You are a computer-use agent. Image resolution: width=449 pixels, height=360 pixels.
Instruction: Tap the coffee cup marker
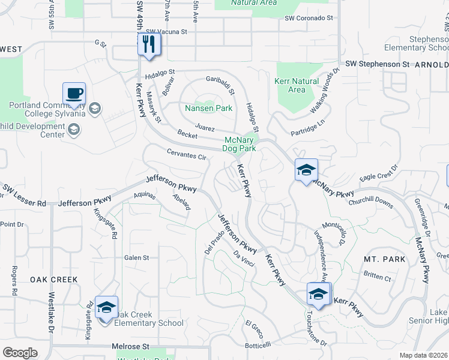coord(74,94)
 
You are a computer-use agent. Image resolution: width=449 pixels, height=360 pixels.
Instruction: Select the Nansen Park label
coord(208,109)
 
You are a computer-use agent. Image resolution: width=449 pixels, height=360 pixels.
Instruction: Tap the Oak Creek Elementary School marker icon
coord(106,308)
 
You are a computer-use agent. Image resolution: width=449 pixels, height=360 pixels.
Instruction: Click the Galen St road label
coord(136,257)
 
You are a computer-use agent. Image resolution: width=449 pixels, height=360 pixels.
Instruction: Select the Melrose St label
coord(130,347)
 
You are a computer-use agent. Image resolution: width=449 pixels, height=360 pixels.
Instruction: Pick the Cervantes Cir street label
coord(187,155)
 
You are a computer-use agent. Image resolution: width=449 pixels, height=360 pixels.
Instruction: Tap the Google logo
coord(20,353)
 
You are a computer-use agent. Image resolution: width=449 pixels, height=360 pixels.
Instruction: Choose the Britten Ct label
coord(377,278)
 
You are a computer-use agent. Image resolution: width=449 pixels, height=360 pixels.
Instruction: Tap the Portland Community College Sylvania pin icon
coord(94,109)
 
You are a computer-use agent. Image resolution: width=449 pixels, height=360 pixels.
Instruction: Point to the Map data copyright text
coord(423,355)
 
